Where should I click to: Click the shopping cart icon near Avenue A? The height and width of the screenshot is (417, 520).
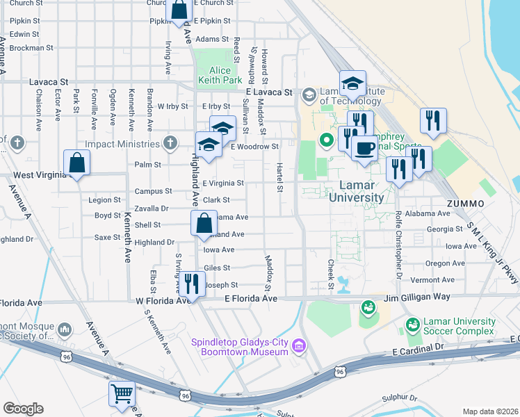122,393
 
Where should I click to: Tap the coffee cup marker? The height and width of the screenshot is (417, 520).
363,148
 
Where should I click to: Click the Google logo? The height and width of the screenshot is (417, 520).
23,409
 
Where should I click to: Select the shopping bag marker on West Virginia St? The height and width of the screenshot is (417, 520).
76,164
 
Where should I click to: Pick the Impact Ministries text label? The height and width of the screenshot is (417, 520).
124,144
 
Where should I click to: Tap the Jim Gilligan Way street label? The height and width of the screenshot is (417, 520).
413,297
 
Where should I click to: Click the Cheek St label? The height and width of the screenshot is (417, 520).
331,275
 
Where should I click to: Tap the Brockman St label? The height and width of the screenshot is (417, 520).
32,49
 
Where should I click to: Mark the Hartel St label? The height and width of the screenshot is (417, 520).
279,179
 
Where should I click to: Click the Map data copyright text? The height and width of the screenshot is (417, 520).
491,411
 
